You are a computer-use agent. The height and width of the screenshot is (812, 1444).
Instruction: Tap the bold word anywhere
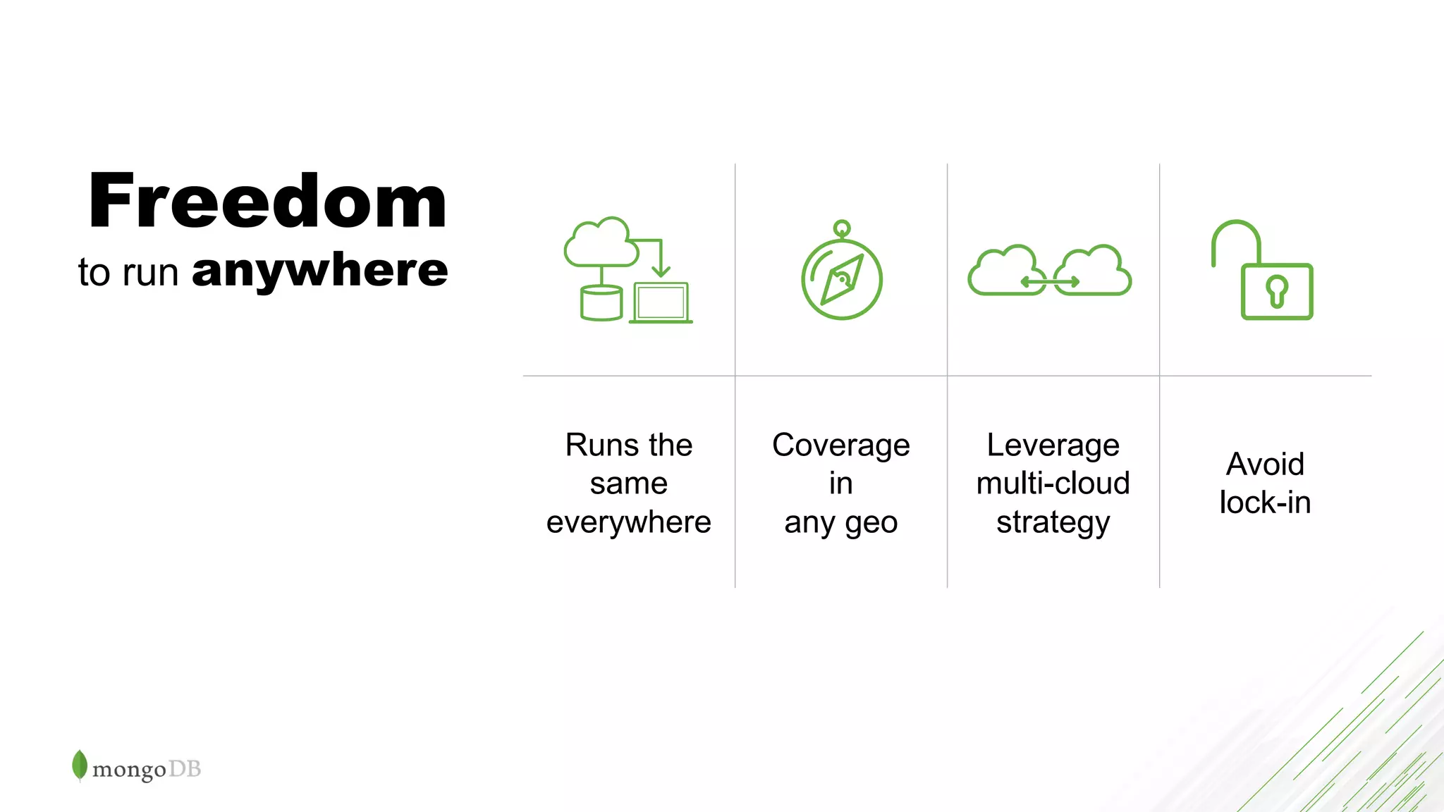coord(319,271)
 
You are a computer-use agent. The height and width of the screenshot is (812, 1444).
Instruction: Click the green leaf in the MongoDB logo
coord(80,765)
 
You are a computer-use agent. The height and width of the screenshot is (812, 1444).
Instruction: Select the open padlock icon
coord(1262,271)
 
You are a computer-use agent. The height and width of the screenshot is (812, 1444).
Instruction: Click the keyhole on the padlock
coord(1277,291)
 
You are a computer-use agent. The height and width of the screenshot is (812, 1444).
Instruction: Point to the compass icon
coord(842,279)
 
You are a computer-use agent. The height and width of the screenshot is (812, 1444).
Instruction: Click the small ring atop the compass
coord(842,228)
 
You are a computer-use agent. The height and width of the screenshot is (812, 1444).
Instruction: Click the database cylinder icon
coord(601,303)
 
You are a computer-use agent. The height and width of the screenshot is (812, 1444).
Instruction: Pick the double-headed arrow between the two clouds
coord(1050,282)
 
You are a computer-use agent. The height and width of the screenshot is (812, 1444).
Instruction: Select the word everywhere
coord(628,522)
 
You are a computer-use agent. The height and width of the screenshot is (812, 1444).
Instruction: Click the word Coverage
coord(841,445)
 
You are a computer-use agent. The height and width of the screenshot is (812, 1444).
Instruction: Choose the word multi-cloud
coord(1053,484)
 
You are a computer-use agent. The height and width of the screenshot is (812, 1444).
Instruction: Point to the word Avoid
coord(1265,465)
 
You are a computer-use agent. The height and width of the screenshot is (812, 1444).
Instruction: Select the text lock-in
coord(1265,503)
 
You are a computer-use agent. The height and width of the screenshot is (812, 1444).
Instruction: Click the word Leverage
coord(1053,445)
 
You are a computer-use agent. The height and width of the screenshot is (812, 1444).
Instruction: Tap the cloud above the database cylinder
coord(599,243)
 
